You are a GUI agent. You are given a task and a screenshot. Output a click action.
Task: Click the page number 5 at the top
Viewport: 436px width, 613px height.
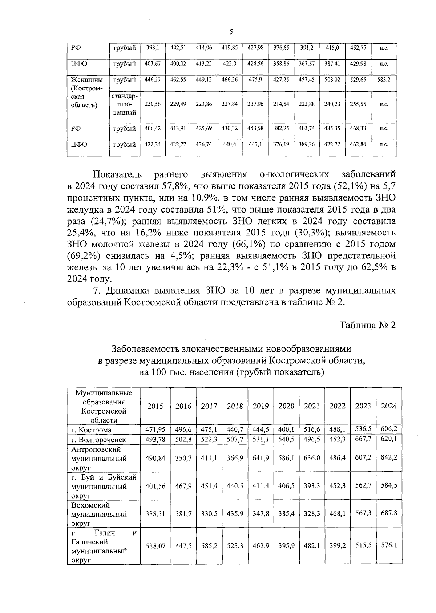point(231,32)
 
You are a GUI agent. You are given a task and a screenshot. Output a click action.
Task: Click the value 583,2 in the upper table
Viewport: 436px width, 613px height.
point(384,79)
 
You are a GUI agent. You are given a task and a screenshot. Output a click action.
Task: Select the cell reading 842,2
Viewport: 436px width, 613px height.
point(389,457)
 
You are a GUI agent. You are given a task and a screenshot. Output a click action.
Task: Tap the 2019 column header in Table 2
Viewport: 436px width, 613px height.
point(261,406)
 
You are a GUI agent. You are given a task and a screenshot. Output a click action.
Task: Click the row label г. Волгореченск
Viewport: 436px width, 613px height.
point(98,439)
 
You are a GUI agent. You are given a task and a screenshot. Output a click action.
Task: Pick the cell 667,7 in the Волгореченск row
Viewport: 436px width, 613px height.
point(363,439)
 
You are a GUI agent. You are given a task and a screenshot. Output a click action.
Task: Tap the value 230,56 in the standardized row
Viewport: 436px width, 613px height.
point(153,104)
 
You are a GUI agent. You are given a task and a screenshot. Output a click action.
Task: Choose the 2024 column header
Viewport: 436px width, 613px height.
point(389,406)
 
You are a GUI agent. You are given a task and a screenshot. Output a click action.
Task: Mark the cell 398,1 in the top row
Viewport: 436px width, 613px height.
point(153,48)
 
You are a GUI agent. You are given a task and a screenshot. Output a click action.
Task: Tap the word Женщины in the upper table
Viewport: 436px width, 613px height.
point(86,80)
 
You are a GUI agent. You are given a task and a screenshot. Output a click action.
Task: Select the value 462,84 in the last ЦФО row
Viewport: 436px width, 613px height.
point(358,144)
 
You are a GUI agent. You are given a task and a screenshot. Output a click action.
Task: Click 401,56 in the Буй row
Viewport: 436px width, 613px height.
point(156,486)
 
